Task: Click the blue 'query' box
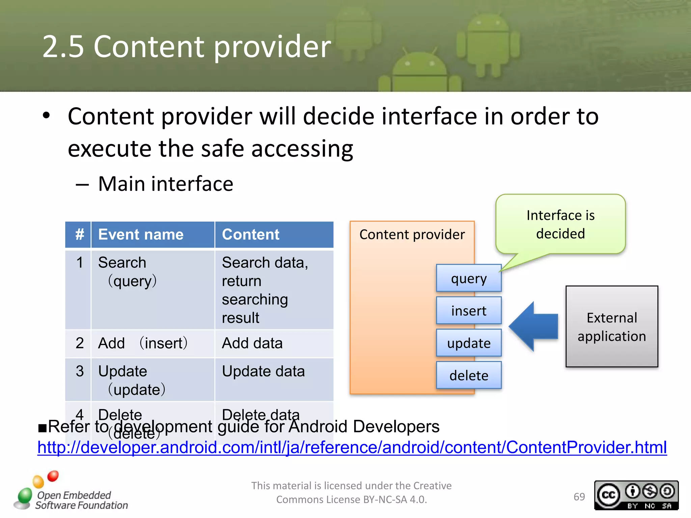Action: point(469,278)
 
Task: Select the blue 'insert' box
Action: point(469,311)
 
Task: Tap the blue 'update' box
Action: point(469,343)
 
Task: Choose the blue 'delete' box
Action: point(469,375)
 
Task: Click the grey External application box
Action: point(611,326)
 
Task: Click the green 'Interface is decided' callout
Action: point(560,224)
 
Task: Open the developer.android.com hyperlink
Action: point(352,448)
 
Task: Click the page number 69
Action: point(579,497)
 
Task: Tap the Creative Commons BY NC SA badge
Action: point(636,495)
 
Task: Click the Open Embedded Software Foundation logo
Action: point(71,492)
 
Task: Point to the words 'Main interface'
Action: point(165,184)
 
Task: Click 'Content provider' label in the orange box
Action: point(412,235)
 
